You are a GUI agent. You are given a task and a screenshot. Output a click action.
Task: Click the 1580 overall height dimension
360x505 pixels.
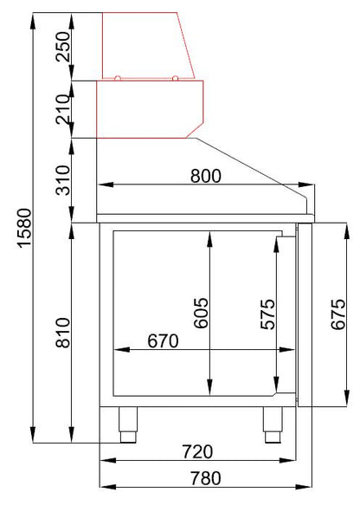click(x=25, y=228)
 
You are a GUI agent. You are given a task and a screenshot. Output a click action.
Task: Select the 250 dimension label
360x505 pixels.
click(x=63, y=47)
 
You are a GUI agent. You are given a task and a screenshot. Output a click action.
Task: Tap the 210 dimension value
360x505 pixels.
click(x=63, y=109)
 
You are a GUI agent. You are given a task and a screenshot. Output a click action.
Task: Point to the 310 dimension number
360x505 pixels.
click(x=63, y=180)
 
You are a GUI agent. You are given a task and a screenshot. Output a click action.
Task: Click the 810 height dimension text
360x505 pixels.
click(x=63, y=333)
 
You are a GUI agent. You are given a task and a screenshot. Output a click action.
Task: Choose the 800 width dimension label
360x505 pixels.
click(x=206, y=176)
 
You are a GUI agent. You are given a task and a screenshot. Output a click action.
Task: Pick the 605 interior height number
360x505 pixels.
click(x=202, y=313)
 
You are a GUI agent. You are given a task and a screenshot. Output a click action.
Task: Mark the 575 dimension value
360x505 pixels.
click(x=267, y=314)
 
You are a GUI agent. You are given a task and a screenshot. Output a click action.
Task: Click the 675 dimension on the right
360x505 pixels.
click(x=338, y=314)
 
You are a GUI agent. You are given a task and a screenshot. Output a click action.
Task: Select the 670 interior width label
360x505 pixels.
click(x=163, y=341)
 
